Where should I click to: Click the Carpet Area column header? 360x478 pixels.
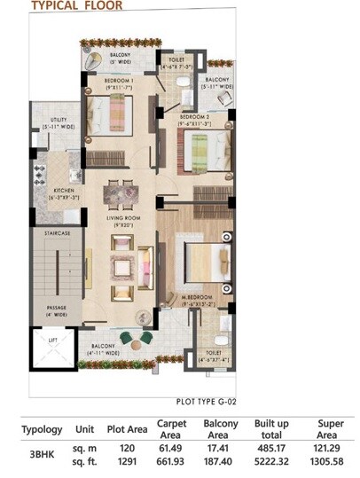171,428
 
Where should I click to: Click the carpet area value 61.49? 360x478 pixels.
169,449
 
